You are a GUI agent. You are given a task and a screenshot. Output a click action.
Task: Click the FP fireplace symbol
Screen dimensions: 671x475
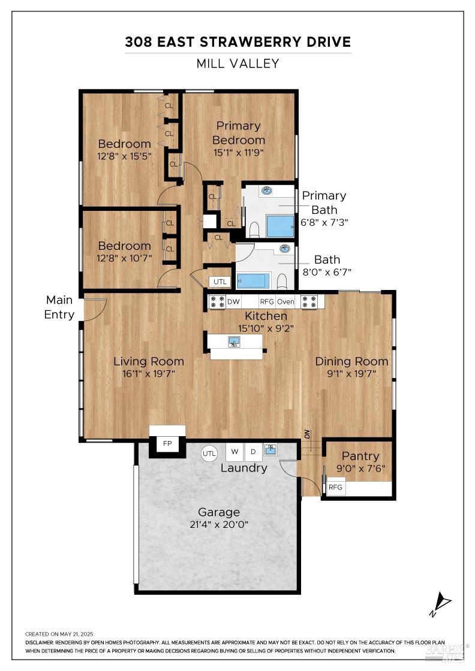[x=167, y=444]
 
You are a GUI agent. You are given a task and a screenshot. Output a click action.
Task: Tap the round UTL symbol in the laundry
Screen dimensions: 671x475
[x=209, y=454]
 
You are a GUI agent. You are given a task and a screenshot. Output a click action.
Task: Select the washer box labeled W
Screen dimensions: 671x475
[x=235, y=452]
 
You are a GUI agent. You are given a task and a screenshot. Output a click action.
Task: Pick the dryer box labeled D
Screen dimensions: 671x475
[x=253, y=452]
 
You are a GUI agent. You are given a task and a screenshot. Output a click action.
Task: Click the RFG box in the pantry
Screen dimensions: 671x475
[x=335, y=488]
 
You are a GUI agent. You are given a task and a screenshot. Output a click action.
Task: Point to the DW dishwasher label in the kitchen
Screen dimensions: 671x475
[x=233, y=302]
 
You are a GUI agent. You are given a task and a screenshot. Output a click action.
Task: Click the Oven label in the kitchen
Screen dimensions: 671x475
[x=285, y=302]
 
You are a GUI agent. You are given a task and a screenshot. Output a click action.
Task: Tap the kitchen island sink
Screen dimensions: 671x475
[x=235, y=341]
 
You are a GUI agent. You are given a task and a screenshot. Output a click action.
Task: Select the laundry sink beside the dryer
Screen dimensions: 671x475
[x=270, y=450]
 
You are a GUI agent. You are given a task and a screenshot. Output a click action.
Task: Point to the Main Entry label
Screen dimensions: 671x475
[x=59, y=307]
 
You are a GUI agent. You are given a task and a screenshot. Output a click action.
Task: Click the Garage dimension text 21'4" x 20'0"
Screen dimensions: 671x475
[x=219, y=525]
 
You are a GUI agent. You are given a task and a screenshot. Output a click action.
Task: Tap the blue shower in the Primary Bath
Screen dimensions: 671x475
[x=280, y=226]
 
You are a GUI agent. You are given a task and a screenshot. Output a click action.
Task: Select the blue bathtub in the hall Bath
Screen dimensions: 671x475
[x=254, y=281]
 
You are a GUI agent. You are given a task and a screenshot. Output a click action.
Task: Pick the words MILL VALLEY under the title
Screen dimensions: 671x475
[x=237, y=64]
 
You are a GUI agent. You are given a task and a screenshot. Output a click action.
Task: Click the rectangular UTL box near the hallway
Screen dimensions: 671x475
[x=220, y=281]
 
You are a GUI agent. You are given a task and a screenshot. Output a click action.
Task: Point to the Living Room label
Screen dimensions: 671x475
[x=149, y=361]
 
